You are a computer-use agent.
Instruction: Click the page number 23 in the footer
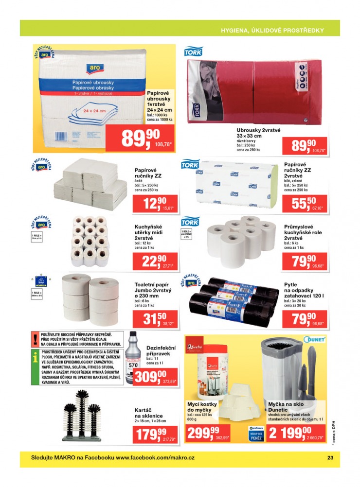pos(329,457)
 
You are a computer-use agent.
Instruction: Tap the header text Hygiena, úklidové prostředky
pos(272,30)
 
